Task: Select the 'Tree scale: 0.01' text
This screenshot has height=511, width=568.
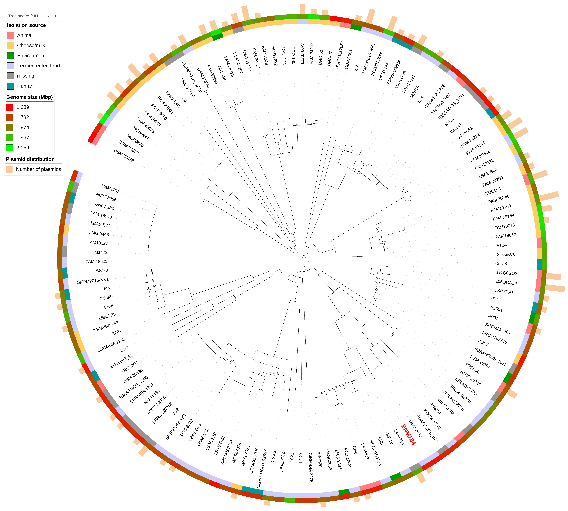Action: tap(23, 16)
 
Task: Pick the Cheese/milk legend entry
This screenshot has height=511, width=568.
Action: tap(31, 45)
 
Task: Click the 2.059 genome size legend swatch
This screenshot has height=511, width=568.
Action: tap(10, 148)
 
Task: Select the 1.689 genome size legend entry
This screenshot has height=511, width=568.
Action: tap(22, 107)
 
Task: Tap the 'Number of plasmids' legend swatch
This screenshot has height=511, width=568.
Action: tap(9, 169)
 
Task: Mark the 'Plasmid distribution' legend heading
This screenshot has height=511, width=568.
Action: tap(30, 159)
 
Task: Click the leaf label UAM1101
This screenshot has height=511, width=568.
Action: tap(110, 189)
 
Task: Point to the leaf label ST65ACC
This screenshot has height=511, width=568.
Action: tap(506, 254)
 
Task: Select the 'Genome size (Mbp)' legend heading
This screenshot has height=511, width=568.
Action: tap(29, 97)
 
